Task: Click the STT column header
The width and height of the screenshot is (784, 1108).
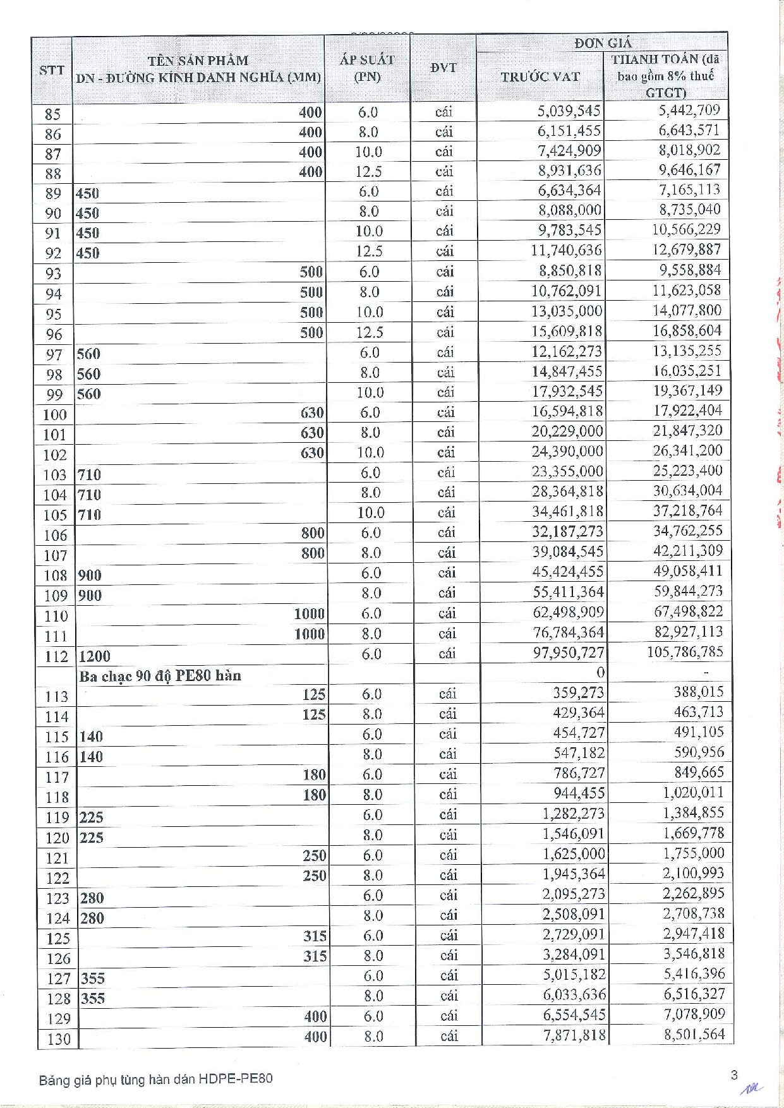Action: (52, 69)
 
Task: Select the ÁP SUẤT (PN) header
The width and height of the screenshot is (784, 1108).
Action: (367, 68)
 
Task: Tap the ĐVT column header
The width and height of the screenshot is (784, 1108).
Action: (443, 68)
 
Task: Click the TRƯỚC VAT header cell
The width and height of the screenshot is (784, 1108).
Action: (540, 76)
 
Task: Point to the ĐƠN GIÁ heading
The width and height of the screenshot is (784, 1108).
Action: (602, 43)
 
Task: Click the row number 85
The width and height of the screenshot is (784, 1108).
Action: (52, 114)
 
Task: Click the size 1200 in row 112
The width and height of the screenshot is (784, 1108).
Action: (94, 656)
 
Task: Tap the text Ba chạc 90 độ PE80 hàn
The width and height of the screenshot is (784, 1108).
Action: (160, 676)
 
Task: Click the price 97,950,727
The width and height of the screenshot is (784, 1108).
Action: (568, 653)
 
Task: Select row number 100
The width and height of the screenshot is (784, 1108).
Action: (54, 414)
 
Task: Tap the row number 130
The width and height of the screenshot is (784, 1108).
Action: (59, 1039)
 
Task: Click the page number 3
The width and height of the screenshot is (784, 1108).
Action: (733, 1075)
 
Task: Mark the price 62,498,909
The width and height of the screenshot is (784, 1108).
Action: (568, 612)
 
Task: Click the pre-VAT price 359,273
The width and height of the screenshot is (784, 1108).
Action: (578, 693)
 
